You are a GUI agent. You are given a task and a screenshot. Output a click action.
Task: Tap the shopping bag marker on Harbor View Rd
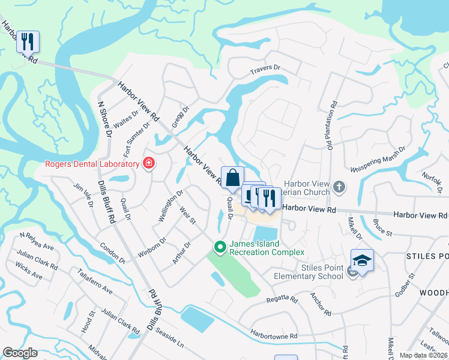click(x=232, y=178)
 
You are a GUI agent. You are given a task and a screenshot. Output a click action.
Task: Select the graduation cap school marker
click(x=362, y=260)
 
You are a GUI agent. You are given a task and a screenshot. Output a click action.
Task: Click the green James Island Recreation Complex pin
click(x=220, y=247)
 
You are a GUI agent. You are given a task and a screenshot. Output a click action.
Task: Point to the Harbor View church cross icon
click(x=339, y=187)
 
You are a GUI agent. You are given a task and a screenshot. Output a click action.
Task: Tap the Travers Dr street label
click(x=265, y=71)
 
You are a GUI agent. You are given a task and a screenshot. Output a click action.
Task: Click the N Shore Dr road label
click(x=105, y=120)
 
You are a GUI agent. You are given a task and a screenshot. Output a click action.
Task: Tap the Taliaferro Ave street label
click(x=94, y=281)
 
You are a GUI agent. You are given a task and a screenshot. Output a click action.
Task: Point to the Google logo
click(x=20, y=353)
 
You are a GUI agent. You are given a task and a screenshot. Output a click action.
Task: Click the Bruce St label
click(x=382, y=228)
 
